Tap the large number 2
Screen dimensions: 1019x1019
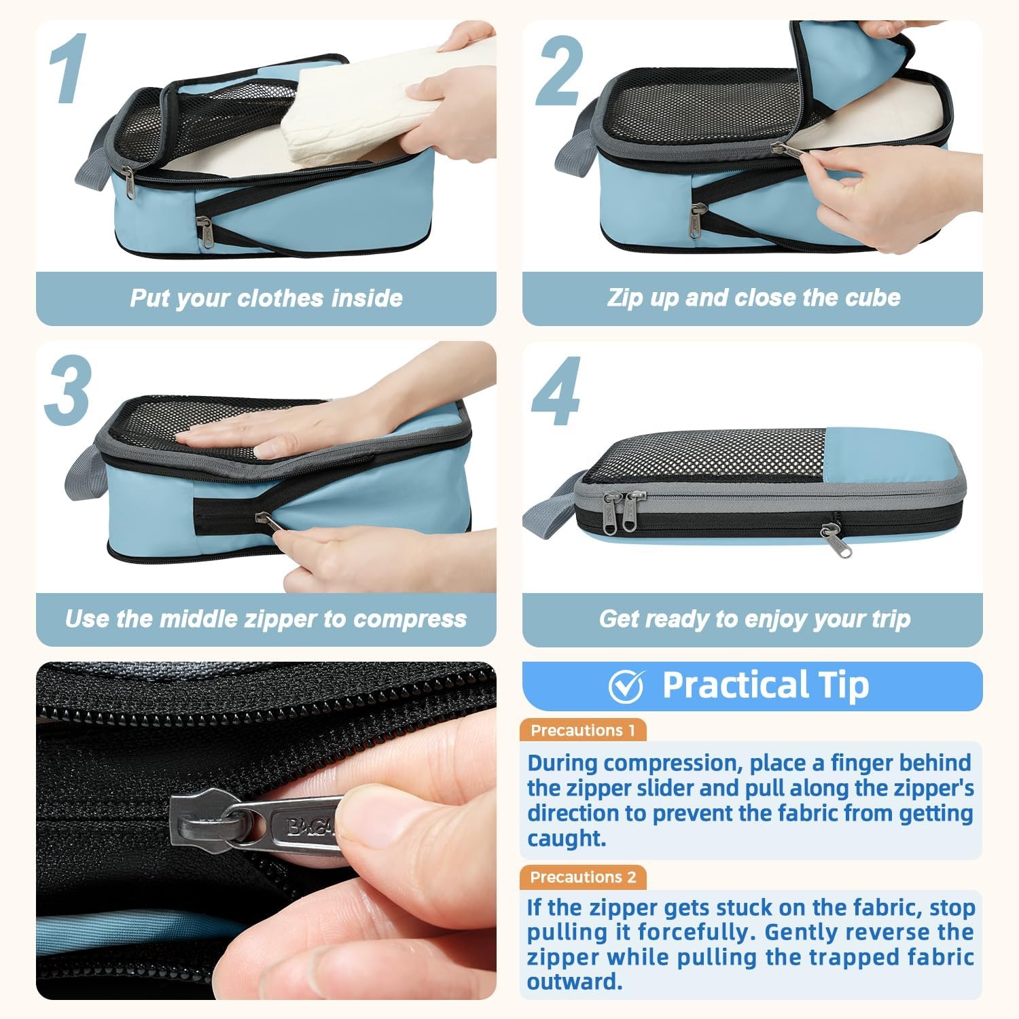[559, 71]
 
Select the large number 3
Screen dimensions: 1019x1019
[68, 390]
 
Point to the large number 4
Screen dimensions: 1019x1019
[556, 391]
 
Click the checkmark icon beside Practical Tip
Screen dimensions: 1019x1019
[626, 686]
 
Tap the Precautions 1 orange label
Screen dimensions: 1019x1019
[583, 730]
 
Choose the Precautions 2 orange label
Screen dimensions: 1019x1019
[583, 877]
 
